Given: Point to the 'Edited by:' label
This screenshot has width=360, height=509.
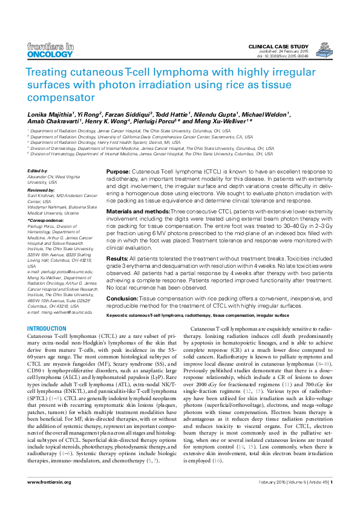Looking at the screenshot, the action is click(x=38, y=171).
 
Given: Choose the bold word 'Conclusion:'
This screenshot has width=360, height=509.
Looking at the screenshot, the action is click(x=122, y=299).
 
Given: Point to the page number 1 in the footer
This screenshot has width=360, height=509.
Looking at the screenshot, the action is click(x=331, y=499).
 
